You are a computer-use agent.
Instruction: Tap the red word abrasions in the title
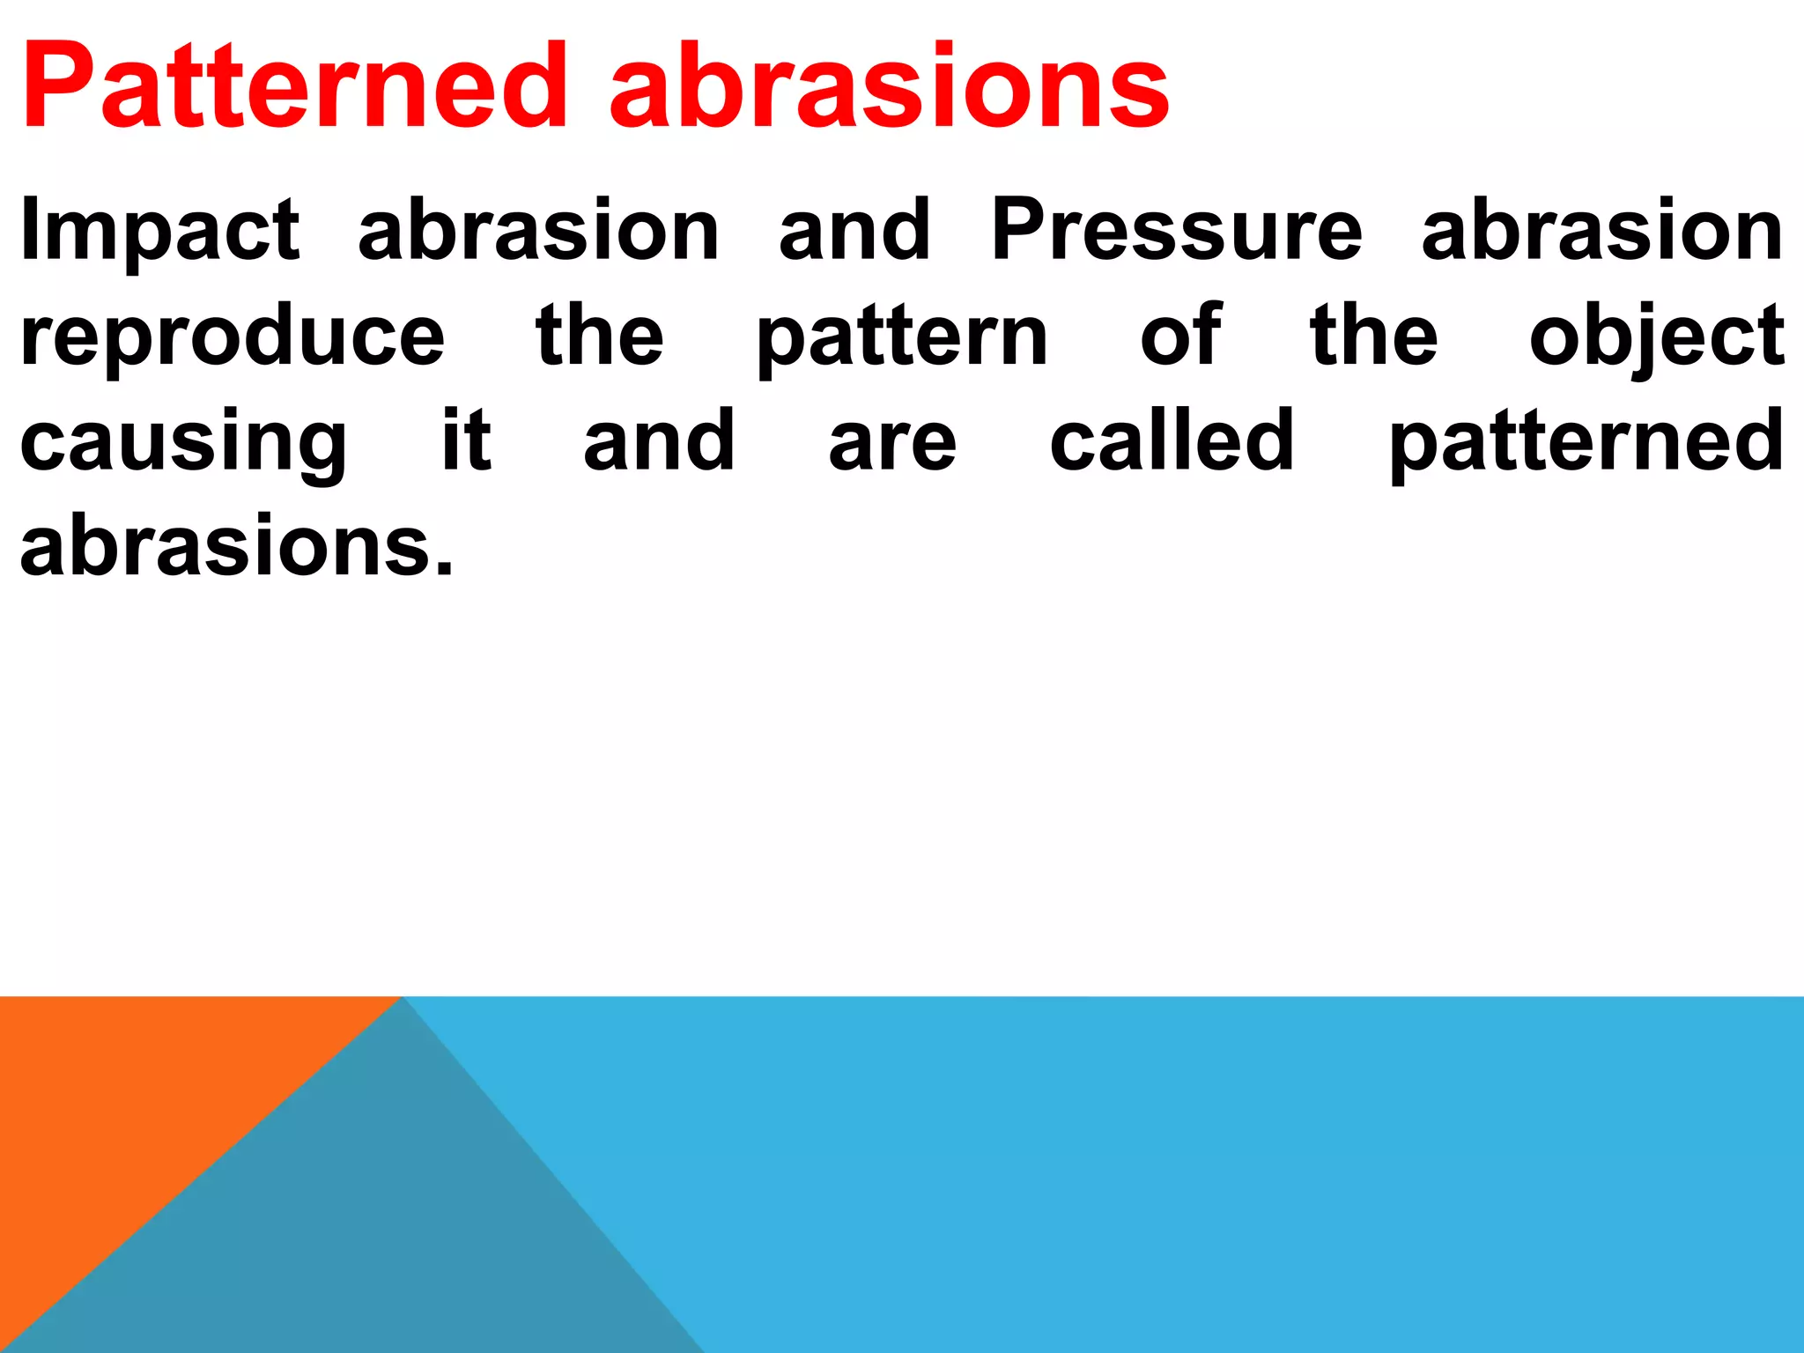889,88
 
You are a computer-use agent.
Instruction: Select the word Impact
159,231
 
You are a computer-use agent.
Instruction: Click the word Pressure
1177,231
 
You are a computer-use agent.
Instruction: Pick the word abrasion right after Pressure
1602,231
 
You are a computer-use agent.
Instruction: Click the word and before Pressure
854,231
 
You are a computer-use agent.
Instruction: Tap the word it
466,440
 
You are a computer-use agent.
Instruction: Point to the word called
1172,440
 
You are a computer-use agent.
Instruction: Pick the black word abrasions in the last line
236,546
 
